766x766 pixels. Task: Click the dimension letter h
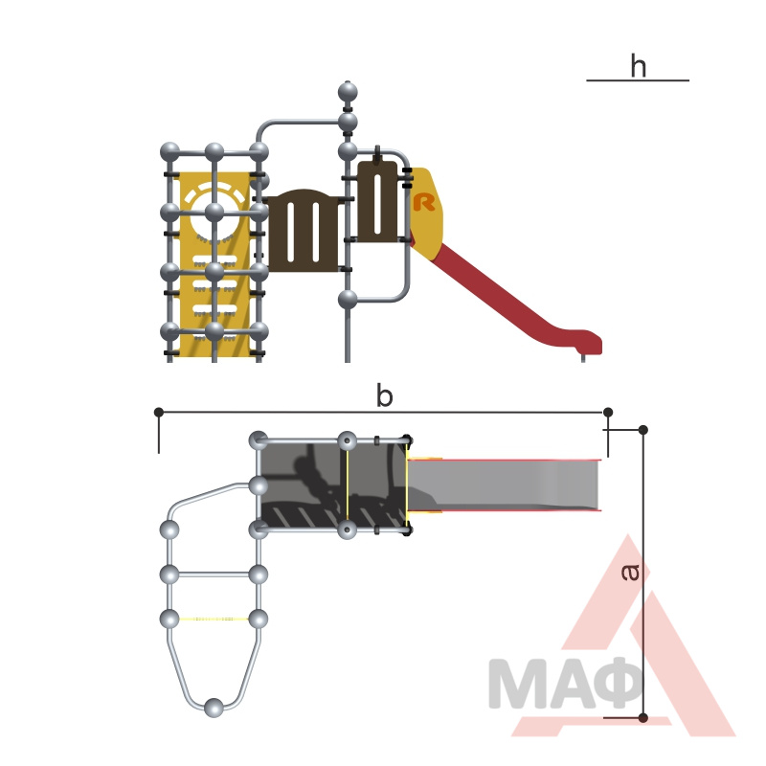(638, 66)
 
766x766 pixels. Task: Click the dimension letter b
(385, 395)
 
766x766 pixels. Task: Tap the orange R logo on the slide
(423, 202)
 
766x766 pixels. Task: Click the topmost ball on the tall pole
(348, 92)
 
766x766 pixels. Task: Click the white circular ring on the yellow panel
(214, 214)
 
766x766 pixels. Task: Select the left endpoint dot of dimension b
(159, 413)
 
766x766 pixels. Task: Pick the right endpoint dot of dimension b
(608, 413)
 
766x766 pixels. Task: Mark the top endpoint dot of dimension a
(643, 430)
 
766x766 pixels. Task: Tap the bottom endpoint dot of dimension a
(643, 717)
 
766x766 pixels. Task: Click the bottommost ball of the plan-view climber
(214, 708)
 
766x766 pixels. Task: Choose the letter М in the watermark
(515, 684)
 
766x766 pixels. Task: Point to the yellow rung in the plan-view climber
(214, 619)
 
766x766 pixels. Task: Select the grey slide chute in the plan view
(504, 485)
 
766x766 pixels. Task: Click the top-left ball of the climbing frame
(170, 152)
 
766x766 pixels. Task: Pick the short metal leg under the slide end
(583, 357)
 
